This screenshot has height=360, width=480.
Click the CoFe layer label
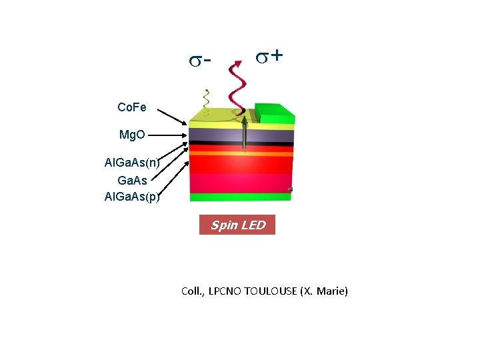click(x=131, y=107)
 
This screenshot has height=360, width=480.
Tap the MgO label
click(x=132, y=135)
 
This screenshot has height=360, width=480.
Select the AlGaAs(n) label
click(x=132, y=162)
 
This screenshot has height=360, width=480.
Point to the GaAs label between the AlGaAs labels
click(x=132, y=180)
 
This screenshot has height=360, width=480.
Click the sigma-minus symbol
click(x=199, y=61)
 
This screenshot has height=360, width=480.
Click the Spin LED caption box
click(x=237, y=225)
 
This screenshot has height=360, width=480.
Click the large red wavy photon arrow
click(x=237, y=87)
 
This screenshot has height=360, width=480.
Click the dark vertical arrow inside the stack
click(x=245, y=133)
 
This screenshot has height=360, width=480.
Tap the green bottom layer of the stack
click(x=240, y=197)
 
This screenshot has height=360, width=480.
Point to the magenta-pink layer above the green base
click(x=240, y=183)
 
